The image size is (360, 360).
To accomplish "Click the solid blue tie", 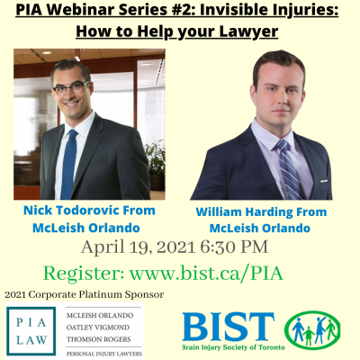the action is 69,164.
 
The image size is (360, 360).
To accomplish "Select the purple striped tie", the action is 290,169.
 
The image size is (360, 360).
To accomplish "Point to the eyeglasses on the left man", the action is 71,88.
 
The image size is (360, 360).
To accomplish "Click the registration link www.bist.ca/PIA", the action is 206,273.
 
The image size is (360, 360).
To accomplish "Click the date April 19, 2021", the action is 139,247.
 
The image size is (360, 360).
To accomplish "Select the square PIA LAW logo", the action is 31,330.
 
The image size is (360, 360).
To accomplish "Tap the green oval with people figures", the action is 312,330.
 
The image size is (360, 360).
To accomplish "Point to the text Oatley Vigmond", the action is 98,328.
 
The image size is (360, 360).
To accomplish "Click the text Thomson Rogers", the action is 98,339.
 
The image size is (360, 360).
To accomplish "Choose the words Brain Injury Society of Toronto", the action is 233,347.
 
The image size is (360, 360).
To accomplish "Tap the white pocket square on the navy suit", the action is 323,181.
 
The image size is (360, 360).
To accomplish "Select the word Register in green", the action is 84,274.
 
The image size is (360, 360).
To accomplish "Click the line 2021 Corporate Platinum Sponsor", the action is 85,294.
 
